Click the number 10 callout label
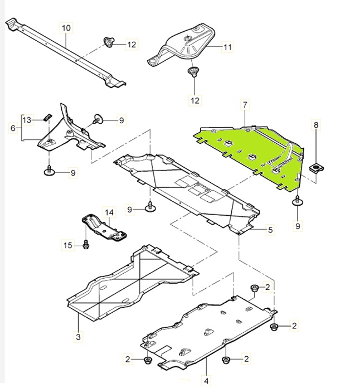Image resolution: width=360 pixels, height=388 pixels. click(66, 27)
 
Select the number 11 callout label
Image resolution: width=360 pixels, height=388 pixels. click(227, 47)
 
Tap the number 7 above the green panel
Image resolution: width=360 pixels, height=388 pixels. click(244, 104)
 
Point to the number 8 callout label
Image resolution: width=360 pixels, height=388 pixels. click(316, 125)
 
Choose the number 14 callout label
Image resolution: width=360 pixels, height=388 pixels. click(109, 212)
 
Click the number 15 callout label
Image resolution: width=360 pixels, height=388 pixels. click(67, 245)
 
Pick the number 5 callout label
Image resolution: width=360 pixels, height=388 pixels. click(270, 229)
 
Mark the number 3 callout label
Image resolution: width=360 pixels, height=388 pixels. click(78, 337)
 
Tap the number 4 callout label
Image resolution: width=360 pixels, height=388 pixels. click(206, 381)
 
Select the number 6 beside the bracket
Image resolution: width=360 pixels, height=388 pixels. click(13, 128)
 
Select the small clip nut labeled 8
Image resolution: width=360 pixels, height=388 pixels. click(316, 167)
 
